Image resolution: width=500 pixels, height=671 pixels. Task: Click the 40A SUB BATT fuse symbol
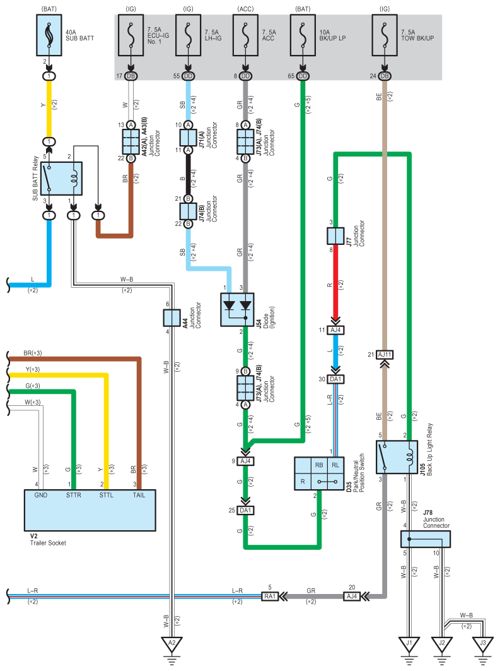point(49,35)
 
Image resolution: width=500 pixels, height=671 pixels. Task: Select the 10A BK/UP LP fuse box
point(303,35)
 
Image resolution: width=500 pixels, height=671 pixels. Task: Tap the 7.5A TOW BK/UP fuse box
point(385,35)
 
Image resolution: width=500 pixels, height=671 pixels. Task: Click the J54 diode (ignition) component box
point(237,310)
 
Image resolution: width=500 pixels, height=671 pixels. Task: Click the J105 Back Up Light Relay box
point(397,457)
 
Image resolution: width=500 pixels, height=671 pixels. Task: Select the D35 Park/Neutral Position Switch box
point(319,473)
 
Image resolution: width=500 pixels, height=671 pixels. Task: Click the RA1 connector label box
point(270,596)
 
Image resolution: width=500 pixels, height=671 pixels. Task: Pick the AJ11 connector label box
point(385,355)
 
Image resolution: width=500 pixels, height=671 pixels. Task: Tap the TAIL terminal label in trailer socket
point(139,495)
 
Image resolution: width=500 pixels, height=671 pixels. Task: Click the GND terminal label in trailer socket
point(41,495)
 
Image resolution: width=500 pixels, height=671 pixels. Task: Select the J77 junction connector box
point(335,236)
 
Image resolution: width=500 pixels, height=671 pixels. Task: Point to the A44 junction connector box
point(172,318)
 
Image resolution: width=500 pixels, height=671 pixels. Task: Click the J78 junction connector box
point(425,539)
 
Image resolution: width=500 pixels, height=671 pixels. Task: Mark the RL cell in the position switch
point(335,465)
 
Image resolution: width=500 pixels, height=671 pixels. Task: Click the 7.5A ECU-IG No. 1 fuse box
point(131,35)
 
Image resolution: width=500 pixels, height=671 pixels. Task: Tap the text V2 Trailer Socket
point(48,539)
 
